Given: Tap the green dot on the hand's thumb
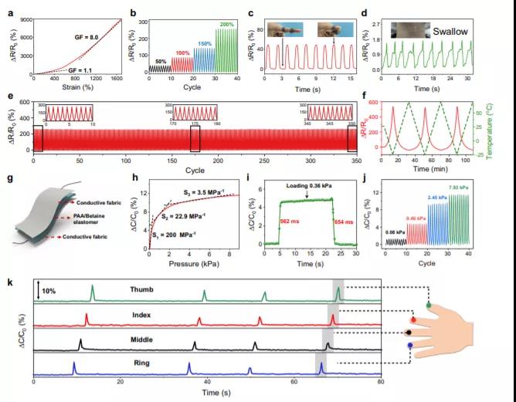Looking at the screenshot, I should coord(427,306).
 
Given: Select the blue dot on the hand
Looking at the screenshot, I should coord(409,346).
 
